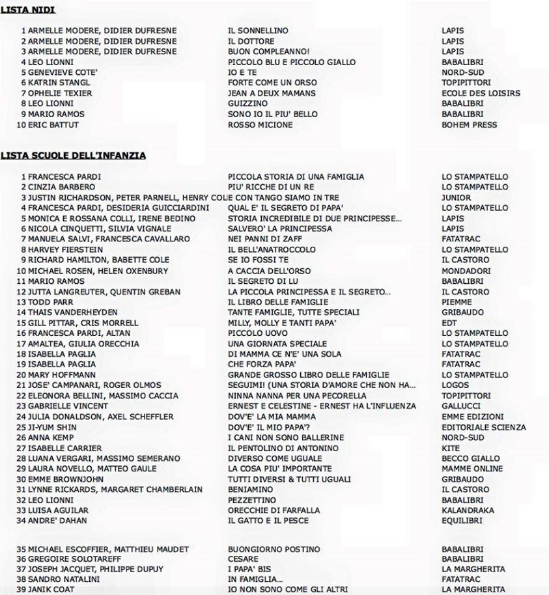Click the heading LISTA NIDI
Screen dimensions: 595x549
pos(27,10)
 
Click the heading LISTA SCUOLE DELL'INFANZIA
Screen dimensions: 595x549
pos(73,156)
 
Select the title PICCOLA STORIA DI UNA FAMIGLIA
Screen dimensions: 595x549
pos(296,176)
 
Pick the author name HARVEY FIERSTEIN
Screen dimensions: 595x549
pos(64,249)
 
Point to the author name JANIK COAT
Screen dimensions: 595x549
pos(53,591)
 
